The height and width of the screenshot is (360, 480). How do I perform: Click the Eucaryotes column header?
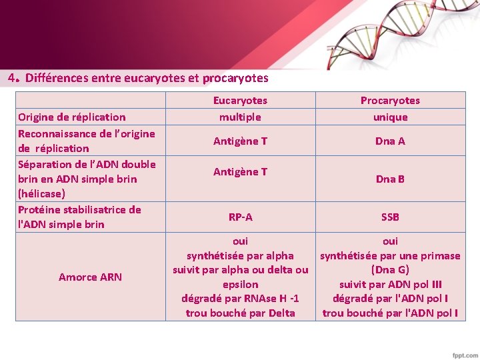point(240,101)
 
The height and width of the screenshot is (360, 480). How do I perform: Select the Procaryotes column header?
point(390,101)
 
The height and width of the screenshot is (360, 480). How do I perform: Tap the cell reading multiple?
point(240,117)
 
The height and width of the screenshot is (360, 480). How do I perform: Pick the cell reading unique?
point(390,117)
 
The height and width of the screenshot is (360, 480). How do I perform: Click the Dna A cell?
point(390,141)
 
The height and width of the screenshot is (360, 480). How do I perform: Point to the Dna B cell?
point(390,179)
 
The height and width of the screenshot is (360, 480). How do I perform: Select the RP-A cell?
point(240,217)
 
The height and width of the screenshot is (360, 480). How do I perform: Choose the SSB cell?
point(390,217)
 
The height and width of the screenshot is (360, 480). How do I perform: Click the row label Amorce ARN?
point(90,277)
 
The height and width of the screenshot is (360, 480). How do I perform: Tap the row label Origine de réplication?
point(72,117)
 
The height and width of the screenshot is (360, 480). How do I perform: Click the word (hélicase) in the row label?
point(41,193)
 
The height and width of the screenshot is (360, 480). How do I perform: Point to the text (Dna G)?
point(390,270)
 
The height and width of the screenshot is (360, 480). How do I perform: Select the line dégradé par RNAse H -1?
point(240,299)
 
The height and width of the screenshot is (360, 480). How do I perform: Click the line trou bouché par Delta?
point(240,313)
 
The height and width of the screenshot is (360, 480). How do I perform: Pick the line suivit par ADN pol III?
point(390,285)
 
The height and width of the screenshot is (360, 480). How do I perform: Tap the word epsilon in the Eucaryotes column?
point(240,285)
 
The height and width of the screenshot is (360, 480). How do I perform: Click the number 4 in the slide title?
point(12,77)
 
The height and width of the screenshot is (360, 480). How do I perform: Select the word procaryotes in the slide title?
point(235,78)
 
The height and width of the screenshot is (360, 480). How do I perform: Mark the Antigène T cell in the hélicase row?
point(240,171)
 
